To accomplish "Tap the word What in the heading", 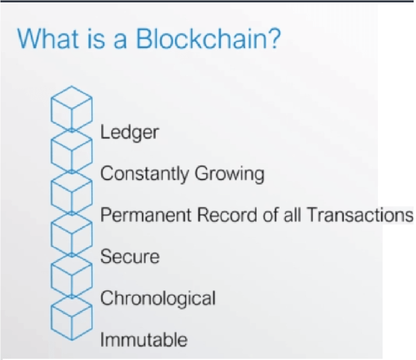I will tap(47, 39).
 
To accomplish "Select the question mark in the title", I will tap(273, 39).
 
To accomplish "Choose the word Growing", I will tap(228, 174).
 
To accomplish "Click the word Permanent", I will tap(145, 215).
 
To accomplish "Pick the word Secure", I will tap(130, 256).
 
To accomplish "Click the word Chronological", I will tap(158, 298).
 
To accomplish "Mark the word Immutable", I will tap(144, 340).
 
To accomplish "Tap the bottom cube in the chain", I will tap(71, 319).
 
